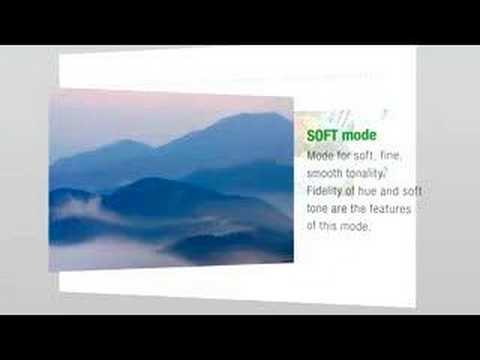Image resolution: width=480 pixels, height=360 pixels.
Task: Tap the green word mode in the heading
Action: (359, 135)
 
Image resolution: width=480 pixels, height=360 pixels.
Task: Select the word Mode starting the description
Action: (319, 155)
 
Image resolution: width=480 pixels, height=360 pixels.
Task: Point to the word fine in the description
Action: (391, 155)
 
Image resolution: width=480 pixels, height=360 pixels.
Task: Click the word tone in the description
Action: (317, 209)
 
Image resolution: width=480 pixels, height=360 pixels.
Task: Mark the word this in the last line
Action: (328, 226)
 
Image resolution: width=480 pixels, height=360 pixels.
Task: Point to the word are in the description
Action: (339, 209)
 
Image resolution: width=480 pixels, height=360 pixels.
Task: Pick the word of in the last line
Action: (311, 226)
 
